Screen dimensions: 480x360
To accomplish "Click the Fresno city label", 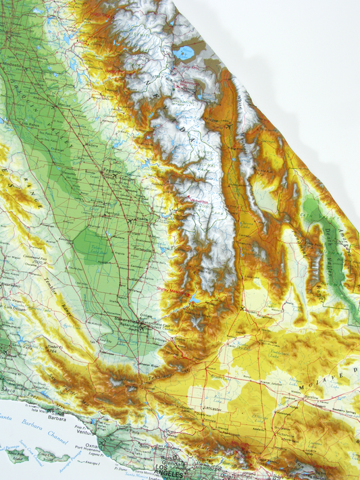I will (111, 173).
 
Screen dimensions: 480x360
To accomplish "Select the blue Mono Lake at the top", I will (184, 52).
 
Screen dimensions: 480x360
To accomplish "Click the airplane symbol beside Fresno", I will (128, 219).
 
